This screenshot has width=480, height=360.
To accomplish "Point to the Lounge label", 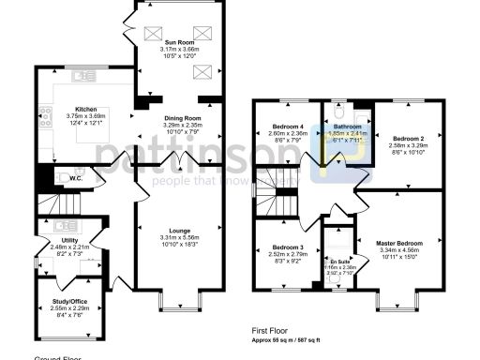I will click(x=179, y=231).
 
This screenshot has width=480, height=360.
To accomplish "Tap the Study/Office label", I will click(x=68, y=301).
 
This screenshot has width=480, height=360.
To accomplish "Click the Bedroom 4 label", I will click(x=288, y=126).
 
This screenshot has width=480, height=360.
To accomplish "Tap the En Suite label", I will click(x=335, y=262).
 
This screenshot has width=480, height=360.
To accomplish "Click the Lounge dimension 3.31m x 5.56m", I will click(x=179, y=238).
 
